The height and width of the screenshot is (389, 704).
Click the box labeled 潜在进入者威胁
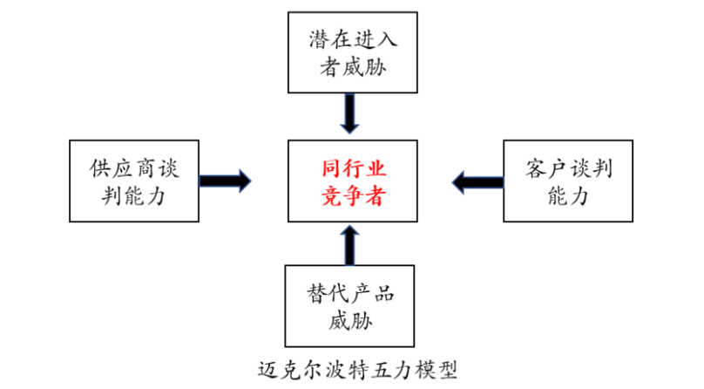click(350, 52)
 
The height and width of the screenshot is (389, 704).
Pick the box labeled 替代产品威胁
click(350, 307)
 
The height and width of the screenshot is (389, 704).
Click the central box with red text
click(350, 181)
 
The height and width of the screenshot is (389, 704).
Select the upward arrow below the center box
click(350, 246)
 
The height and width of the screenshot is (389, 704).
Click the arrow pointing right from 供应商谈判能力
click(225, 181)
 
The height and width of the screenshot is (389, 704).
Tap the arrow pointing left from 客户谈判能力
click(476, 181)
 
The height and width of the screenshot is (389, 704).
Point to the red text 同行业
click(350, 166)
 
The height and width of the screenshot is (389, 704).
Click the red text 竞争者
click(350, 197)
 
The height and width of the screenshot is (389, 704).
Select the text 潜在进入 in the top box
click(350, 38)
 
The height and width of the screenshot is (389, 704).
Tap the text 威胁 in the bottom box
click(350, 322)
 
